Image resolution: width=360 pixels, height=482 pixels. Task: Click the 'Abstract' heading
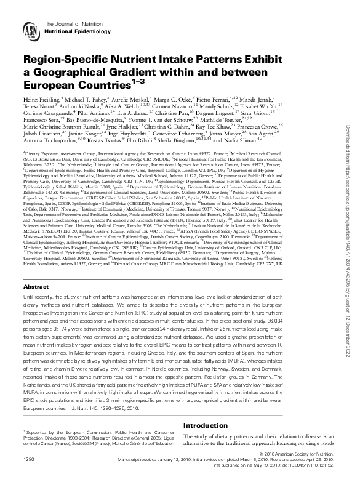click(35, 287)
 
